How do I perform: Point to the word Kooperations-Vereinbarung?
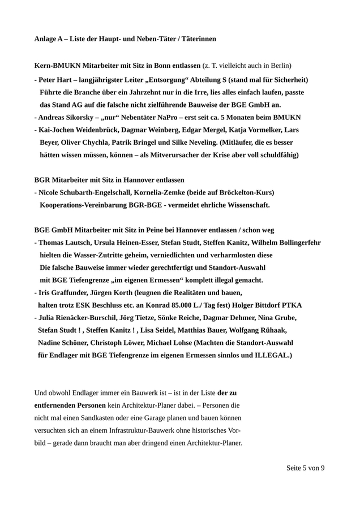point(86,205)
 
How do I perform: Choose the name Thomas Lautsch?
point(63,243)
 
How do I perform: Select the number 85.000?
point(194,305)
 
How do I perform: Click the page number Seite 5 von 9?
point(306,468)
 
